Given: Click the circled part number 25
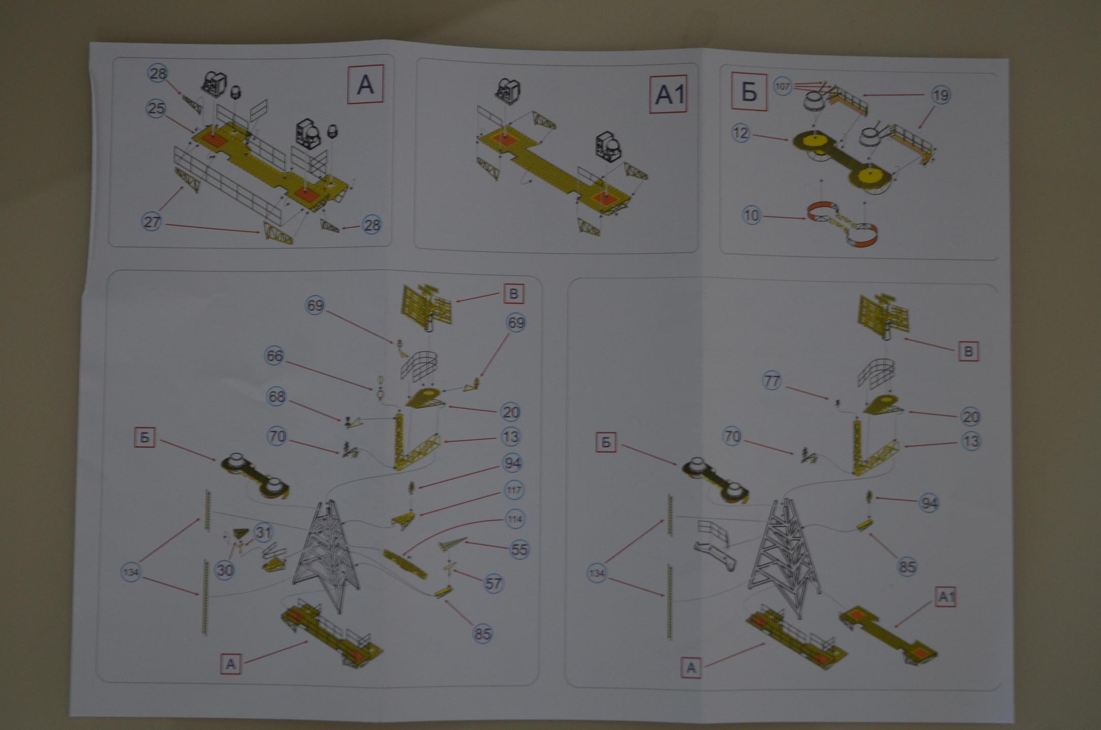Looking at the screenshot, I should (156, 108).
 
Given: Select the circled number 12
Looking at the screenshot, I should (741, 133).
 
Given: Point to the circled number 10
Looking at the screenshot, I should (751, 215).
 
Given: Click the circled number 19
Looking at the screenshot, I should (940, 95).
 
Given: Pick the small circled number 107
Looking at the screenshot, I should (782, 86).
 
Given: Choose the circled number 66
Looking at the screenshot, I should (274, 356).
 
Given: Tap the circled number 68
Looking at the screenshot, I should (276, 397).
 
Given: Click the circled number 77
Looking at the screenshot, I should (772, 381).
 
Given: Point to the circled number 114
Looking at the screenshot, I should (515, 519).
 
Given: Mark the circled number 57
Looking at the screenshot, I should (493, 583).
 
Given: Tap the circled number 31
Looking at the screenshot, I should (262, 533).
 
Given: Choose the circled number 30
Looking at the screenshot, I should (224, 570).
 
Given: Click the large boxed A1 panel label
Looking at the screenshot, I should (669, 95).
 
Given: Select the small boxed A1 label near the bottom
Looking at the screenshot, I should (945, 597).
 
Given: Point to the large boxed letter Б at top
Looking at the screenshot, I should (749, 92).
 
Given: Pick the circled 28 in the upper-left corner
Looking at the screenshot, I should (158, 74).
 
